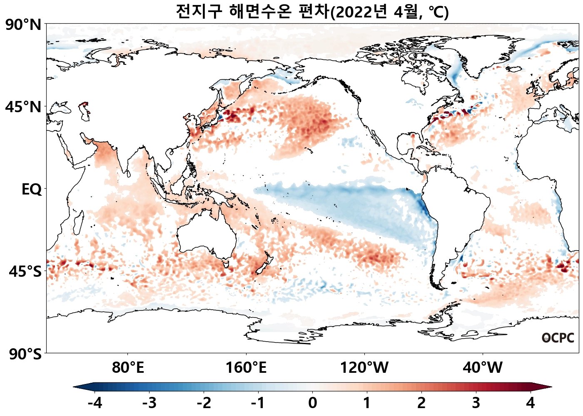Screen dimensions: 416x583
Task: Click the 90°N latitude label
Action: coord(23,25)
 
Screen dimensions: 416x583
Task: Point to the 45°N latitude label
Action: coord(23,107)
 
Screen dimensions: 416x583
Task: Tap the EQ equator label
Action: coord(32,190)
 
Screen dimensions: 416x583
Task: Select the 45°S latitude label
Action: coord(25,272)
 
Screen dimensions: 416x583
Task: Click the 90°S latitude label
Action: coord(25,354)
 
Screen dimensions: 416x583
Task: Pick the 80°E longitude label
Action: coord(128,368)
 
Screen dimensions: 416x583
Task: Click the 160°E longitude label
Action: coord(246,368)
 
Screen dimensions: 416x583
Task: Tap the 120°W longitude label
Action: coord(364,368)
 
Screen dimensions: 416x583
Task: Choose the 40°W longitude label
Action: coord(483,368)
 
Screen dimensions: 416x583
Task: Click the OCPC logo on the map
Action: coord(558,338)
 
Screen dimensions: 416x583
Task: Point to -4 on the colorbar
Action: coord(95,403)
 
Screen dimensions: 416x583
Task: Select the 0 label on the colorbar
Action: coord(312,403)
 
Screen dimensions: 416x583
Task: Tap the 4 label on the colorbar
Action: coord(530,403)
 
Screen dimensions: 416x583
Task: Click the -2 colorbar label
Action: coord(204,403)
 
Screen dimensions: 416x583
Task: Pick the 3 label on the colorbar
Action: coord(476,403)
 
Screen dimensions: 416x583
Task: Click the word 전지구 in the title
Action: coord(199,12)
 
